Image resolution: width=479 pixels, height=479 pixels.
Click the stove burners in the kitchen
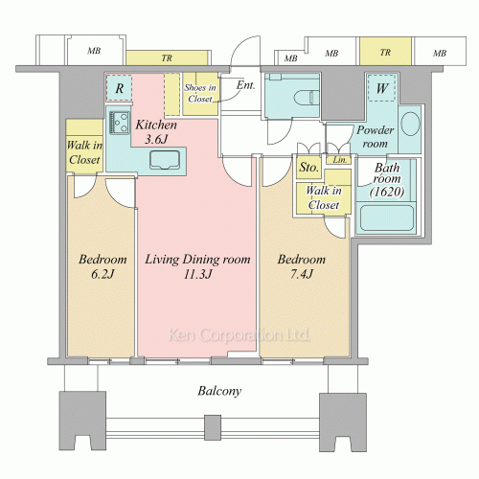click(x=120, y=123)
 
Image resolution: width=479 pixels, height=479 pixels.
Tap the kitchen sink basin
click(x=165, y=160)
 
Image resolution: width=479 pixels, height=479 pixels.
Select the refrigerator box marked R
click(x=119, y=88)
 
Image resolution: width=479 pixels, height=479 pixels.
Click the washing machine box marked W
click(x=382, y=88)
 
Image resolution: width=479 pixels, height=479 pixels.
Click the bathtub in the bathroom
click(x=387, y=218)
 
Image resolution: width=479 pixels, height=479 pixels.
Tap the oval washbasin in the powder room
click(x=410, y=124)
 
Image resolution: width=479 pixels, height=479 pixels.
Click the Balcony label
click(x=219, y=391)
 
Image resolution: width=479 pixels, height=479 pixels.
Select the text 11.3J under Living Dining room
click(x=197, y=274)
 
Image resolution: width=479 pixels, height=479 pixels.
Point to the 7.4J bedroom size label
click(x=302, y=274)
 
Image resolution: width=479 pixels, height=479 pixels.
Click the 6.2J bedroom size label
click(x=103, y=274)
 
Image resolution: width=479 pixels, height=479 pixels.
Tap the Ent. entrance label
click(x=245, y=85)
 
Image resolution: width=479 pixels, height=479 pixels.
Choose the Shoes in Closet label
click(x=200, y=93)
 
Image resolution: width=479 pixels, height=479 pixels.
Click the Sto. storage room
click(x=308, y=167)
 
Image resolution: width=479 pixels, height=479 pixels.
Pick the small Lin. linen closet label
click(x=340, y=160)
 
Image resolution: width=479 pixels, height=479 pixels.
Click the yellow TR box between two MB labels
click(x=385, y=52)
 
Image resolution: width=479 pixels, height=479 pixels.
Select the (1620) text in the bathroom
click(x=387, y=192)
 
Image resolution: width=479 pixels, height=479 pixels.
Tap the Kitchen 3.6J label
click(x=156, y=131)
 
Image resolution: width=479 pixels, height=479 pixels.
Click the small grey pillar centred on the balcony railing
click(x=213, y=427)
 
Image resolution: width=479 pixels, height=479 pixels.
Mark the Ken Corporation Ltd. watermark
click(x=239, y=334)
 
